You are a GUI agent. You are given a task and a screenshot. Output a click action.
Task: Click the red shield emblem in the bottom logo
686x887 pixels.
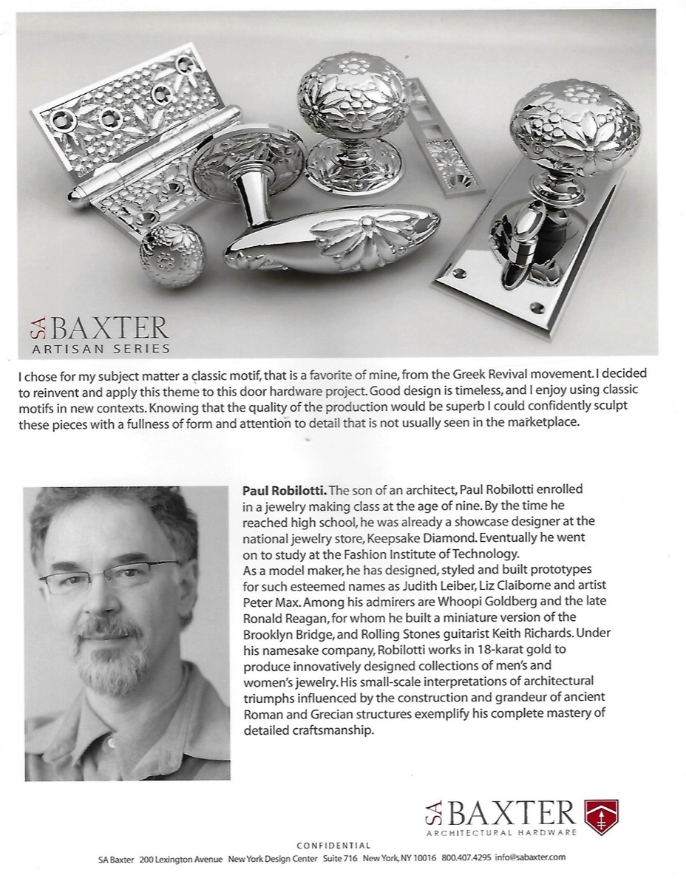[x=601, y=817]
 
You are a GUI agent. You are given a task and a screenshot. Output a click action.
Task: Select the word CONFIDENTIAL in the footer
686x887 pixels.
[x=333, y=845]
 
